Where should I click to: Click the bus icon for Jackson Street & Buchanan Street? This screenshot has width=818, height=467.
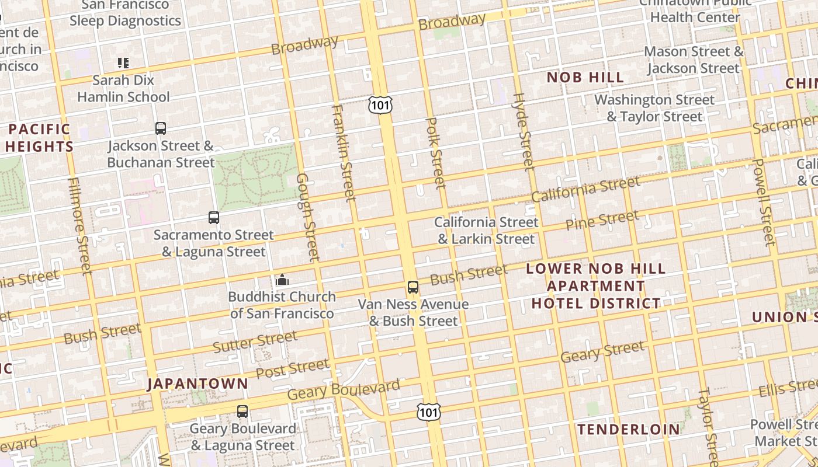(160, 128)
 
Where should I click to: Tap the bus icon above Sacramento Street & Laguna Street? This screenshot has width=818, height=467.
(214, 218)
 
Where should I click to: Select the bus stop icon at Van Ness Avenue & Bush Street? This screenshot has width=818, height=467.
(413, 287)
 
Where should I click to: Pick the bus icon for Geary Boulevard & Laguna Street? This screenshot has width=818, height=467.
(242, 412)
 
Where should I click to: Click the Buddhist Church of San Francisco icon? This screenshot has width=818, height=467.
(282, 280)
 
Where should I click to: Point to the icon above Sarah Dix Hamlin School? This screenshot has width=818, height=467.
(123, 63)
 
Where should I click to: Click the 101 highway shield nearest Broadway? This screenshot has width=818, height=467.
(380, 105)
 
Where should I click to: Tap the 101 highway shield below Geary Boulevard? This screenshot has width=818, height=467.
(428, 412)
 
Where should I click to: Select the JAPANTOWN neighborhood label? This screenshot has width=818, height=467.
(197, 384)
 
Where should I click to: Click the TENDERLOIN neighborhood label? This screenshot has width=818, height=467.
(629, 430)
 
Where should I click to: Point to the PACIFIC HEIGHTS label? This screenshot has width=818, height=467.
(40, 138)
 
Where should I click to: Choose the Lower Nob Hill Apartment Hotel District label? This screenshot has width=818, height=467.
(595, 286)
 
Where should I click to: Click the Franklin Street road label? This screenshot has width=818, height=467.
(343, 153)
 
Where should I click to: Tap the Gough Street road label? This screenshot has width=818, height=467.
(308, 217)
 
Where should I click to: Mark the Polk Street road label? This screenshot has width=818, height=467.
(436, 153)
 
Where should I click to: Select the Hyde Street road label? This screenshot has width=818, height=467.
(524, 131)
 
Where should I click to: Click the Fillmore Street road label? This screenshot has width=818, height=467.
(79, 225)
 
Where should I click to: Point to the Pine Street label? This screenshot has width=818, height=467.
(602, 221)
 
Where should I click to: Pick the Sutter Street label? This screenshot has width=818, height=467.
(255, 341)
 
